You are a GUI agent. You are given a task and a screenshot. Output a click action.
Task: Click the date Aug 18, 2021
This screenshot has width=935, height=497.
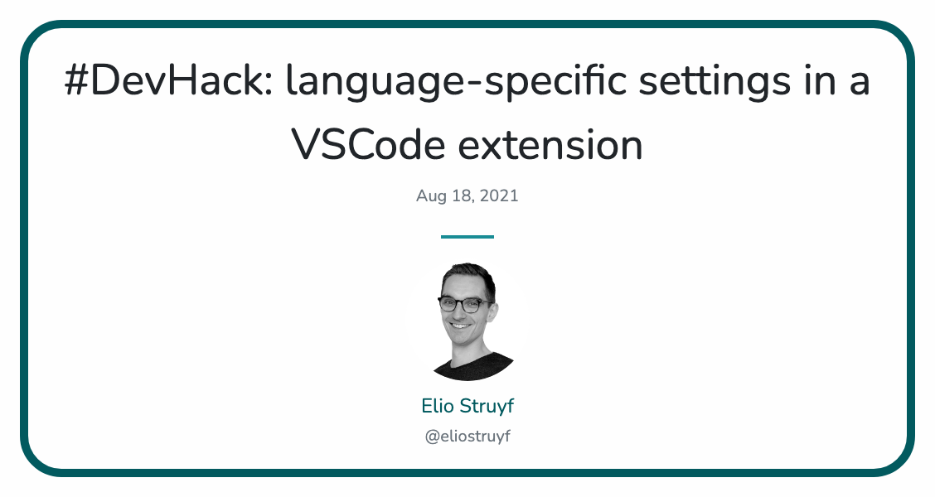tap(467, 196)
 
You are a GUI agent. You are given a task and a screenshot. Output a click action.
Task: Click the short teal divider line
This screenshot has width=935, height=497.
tap(467, 237)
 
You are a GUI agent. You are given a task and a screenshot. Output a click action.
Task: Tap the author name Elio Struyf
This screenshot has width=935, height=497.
tap(467, 407)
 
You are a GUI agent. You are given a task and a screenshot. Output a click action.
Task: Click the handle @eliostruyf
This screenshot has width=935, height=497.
tap(467, 437)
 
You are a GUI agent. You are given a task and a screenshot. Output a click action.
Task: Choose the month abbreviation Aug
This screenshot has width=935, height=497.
tap(431, 196)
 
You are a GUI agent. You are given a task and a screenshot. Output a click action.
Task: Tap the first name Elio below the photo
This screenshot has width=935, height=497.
tap(438, 407)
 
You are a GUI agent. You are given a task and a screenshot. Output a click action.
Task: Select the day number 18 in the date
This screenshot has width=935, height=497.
tap(463, 196)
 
